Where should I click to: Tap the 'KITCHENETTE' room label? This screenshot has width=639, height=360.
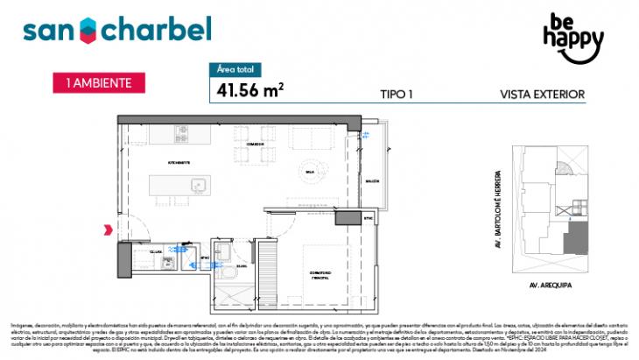pos(179,164)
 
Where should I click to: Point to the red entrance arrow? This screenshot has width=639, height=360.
pos(108,229)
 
